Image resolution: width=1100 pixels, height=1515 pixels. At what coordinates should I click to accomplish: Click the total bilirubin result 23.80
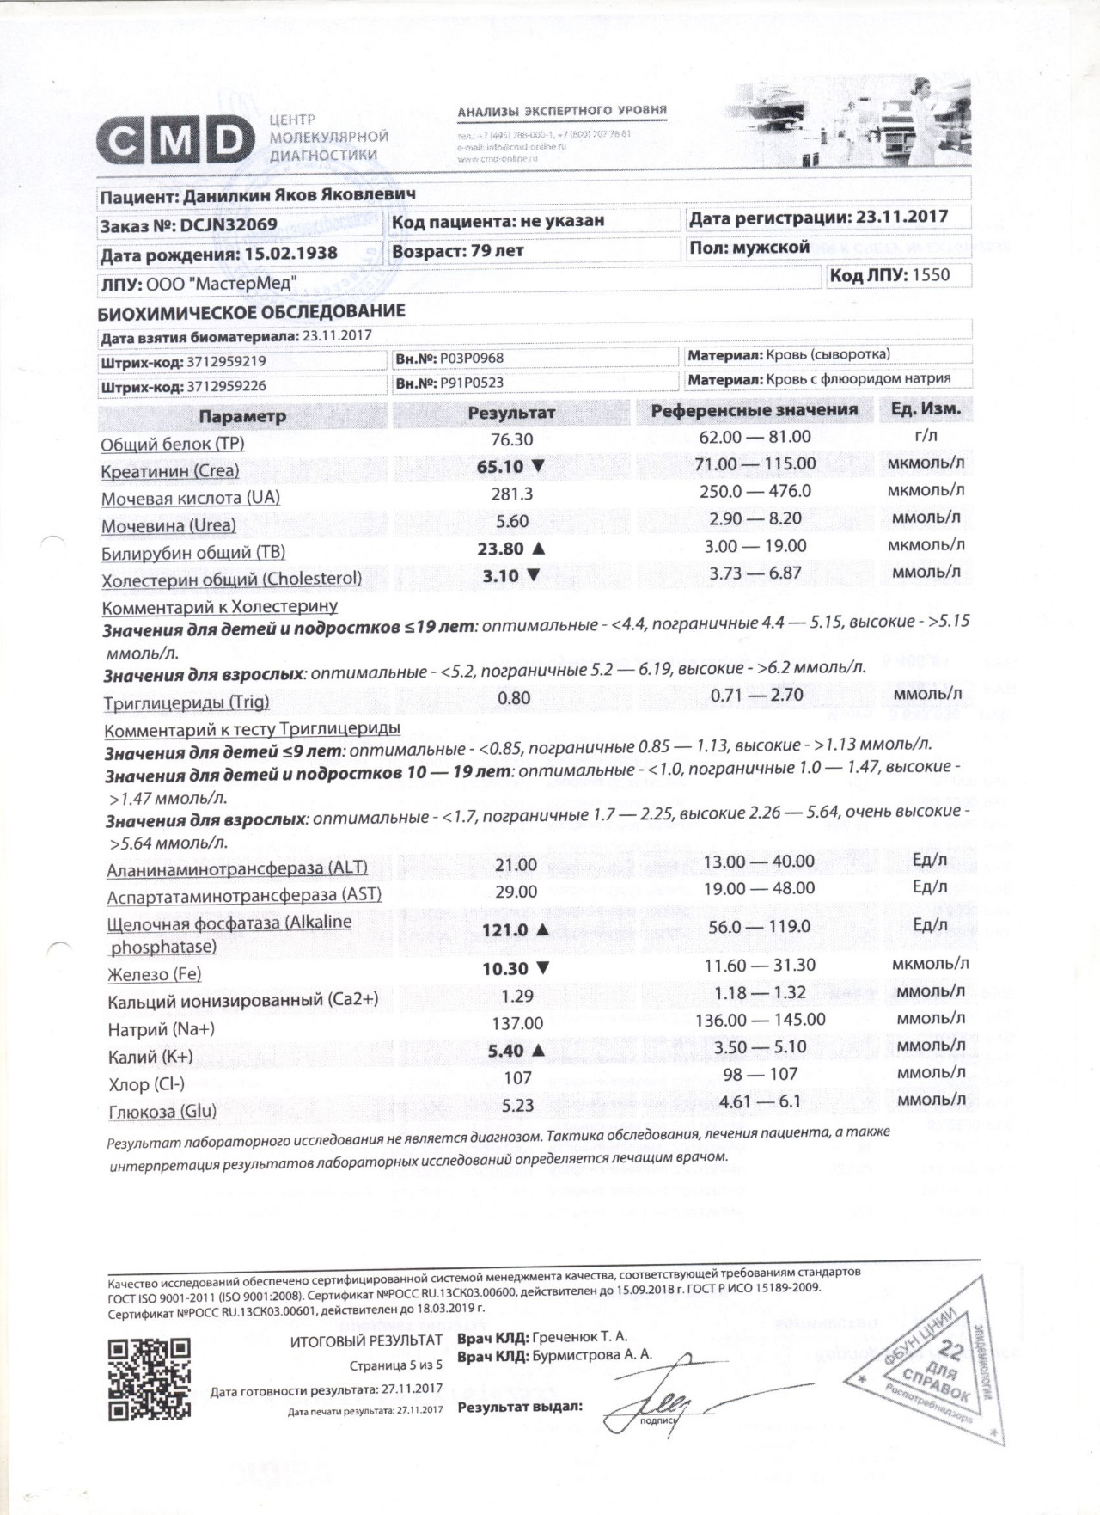pos(500,549)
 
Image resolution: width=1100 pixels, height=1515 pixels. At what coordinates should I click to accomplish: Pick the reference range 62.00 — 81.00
pos(755,437)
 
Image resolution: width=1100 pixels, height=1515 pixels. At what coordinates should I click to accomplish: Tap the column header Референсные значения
pos(754,410)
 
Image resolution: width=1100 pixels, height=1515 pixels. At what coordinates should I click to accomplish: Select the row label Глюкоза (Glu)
pos(162,1112)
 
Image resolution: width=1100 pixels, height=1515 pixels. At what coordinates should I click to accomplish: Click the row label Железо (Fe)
pos(154,975)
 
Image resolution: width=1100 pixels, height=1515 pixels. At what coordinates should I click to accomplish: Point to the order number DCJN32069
pos(229,225)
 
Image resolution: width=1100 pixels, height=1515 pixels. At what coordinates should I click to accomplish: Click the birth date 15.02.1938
pos(290,255)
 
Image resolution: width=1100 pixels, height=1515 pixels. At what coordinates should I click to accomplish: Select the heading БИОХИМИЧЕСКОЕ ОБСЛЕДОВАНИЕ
pos(251,311)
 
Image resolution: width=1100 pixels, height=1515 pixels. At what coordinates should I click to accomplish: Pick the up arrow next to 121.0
pos(541,929)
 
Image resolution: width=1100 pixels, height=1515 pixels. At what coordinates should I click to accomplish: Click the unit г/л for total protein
pos(926,436)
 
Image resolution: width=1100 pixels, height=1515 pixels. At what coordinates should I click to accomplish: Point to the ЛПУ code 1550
pos(930,275)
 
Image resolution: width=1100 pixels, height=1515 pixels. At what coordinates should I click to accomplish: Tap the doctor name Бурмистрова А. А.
pos(591,1355)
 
